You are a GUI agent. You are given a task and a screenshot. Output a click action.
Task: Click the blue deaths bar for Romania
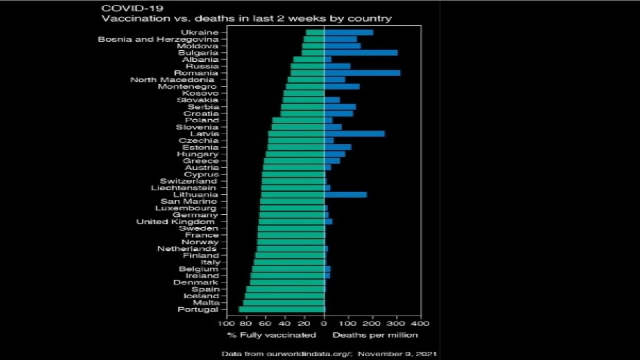(362, 73)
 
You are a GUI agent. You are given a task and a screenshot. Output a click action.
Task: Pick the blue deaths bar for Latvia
(354, 134)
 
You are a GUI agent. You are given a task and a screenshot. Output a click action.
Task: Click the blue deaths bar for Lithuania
(345, 195)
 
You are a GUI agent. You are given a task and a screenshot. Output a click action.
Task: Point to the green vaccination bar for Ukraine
(315, 32)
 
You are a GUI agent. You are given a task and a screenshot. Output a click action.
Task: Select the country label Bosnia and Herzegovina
(158, 39)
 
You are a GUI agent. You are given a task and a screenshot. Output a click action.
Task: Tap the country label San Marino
(189, 201)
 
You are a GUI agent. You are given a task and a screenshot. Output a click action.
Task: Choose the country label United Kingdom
(176, 222)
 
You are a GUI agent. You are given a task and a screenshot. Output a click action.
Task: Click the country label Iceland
(201, 296)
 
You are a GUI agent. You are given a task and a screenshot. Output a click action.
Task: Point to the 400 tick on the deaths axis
(420, 323)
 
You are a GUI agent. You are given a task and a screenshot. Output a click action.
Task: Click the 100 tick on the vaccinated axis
(227, 323)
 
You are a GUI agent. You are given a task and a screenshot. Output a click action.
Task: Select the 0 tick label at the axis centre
(324, 323)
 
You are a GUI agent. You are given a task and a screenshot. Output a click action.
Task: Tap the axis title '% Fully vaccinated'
(272, 335)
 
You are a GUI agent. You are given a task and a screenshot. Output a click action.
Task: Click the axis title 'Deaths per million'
(375, 335)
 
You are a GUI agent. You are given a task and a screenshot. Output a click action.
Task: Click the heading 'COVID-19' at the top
(132, 8)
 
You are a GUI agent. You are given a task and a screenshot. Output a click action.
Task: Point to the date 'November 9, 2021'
(397, 354)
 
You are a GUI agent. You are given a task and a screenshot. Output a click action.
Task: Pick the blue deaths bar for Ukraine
(348, 32)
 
